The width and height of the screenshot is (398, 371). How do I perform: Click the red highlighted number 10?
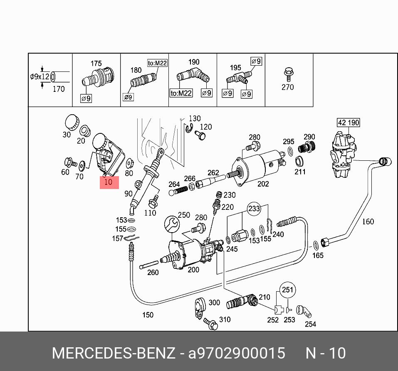pyautogui.click(x=109, y=182)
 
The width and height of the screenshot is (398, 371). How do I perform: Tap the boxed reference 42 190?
pyautogui.click(x=348, y=123)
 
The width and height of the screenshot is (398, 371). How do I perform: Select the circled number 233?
pyautogui.click(x=254, y=209)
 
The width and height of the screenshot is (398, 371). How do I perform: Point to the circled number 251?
pyautogui.click(x=287, y=290)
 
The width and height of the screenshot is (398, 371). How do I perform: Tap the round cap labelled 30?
pyautogui.click(x=72, y=121)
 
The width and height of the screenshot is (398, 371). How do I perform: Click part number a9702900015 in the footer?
pyautogui.click(x=237, y=353)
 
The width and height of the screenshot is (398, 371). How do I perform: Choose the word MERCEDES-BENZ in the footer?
pyautogui.click(x=113, y=353)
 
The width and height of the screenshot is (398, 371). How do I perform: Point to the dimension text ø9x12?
pyautogui.click(x=40, y=77)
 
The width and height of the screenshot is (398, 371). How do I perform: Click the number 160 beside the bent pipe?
pyautogui.click(x=368, y=221)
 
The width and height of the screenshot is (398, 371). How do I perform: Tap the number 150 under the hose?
pyautogui.click(x=148, y=315)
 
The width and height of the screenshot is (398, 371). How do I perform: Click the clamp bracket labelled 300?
pyautogui.click(x=200, y=307)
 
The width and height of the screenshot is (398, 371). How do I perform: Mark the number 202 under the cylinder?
pyautogui.click(x=263, y=183)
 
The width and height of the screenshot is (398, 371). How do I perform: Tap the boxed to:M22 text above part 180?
pyautogui.click(x=157, y=63)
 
